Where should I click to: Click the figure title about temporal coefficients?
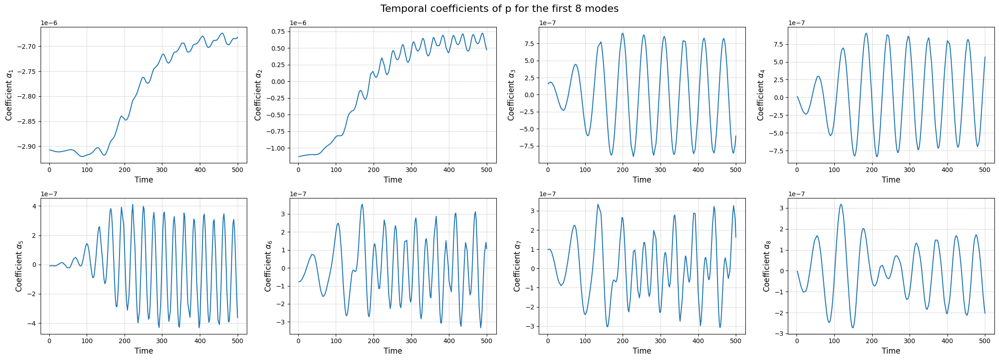(499, 9)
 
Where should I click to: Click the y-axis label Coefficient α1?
(9, 94)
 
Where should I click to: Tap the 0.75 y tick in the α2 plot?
(278, 31)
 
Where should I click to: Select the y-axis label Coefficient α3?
(511, 94)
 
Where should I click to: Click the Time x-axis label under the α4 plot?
(890, 180)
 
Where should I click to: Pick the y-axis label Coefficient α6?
(268, 266)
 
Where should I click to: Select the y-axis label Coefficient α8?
(766, 266)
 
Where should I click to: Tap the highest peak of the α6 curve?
(362, 204)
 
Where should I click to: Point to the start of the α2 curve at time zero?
(299, 157)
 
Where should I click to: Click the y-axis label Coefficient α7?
(517, 266)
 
